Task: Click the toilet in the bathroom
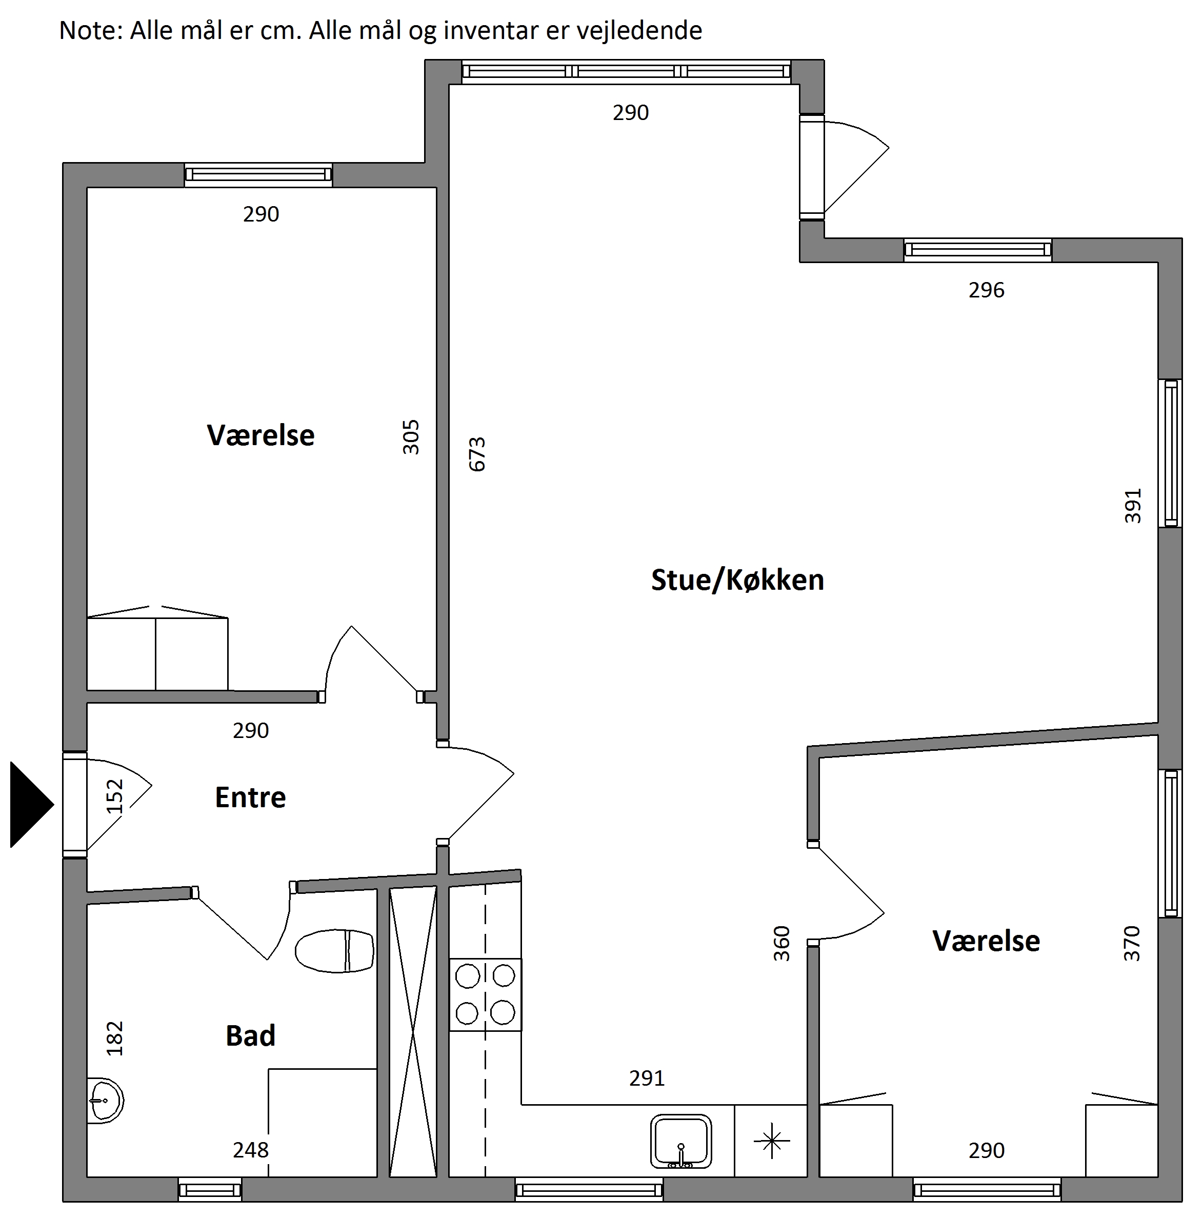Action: (x=334, y=951)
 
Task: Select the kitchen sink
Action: (x=681, y=1142)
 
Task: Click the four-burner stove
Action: (x=486, y=995)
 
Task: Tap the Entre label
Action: (x=250, y=797)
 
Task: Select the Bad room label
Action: (x=250, y=1036)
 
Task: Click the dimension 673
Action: (x=477, y=454)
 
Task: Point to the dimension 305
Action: (x=410, y=437)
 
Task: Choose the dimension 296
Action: (x=987, y=290)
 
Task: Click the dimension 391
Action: (x=1133, y=506)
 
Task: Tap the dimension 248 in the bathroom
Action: (x=251, y=1150)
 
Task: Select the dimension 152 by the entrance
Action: (x=115, y=797)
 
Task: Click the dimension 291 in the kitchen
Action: (x=647, y=1079)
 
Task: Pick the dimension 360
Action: (x=781, y=944)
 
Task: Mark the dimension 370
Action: (x=1132, y=944)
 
